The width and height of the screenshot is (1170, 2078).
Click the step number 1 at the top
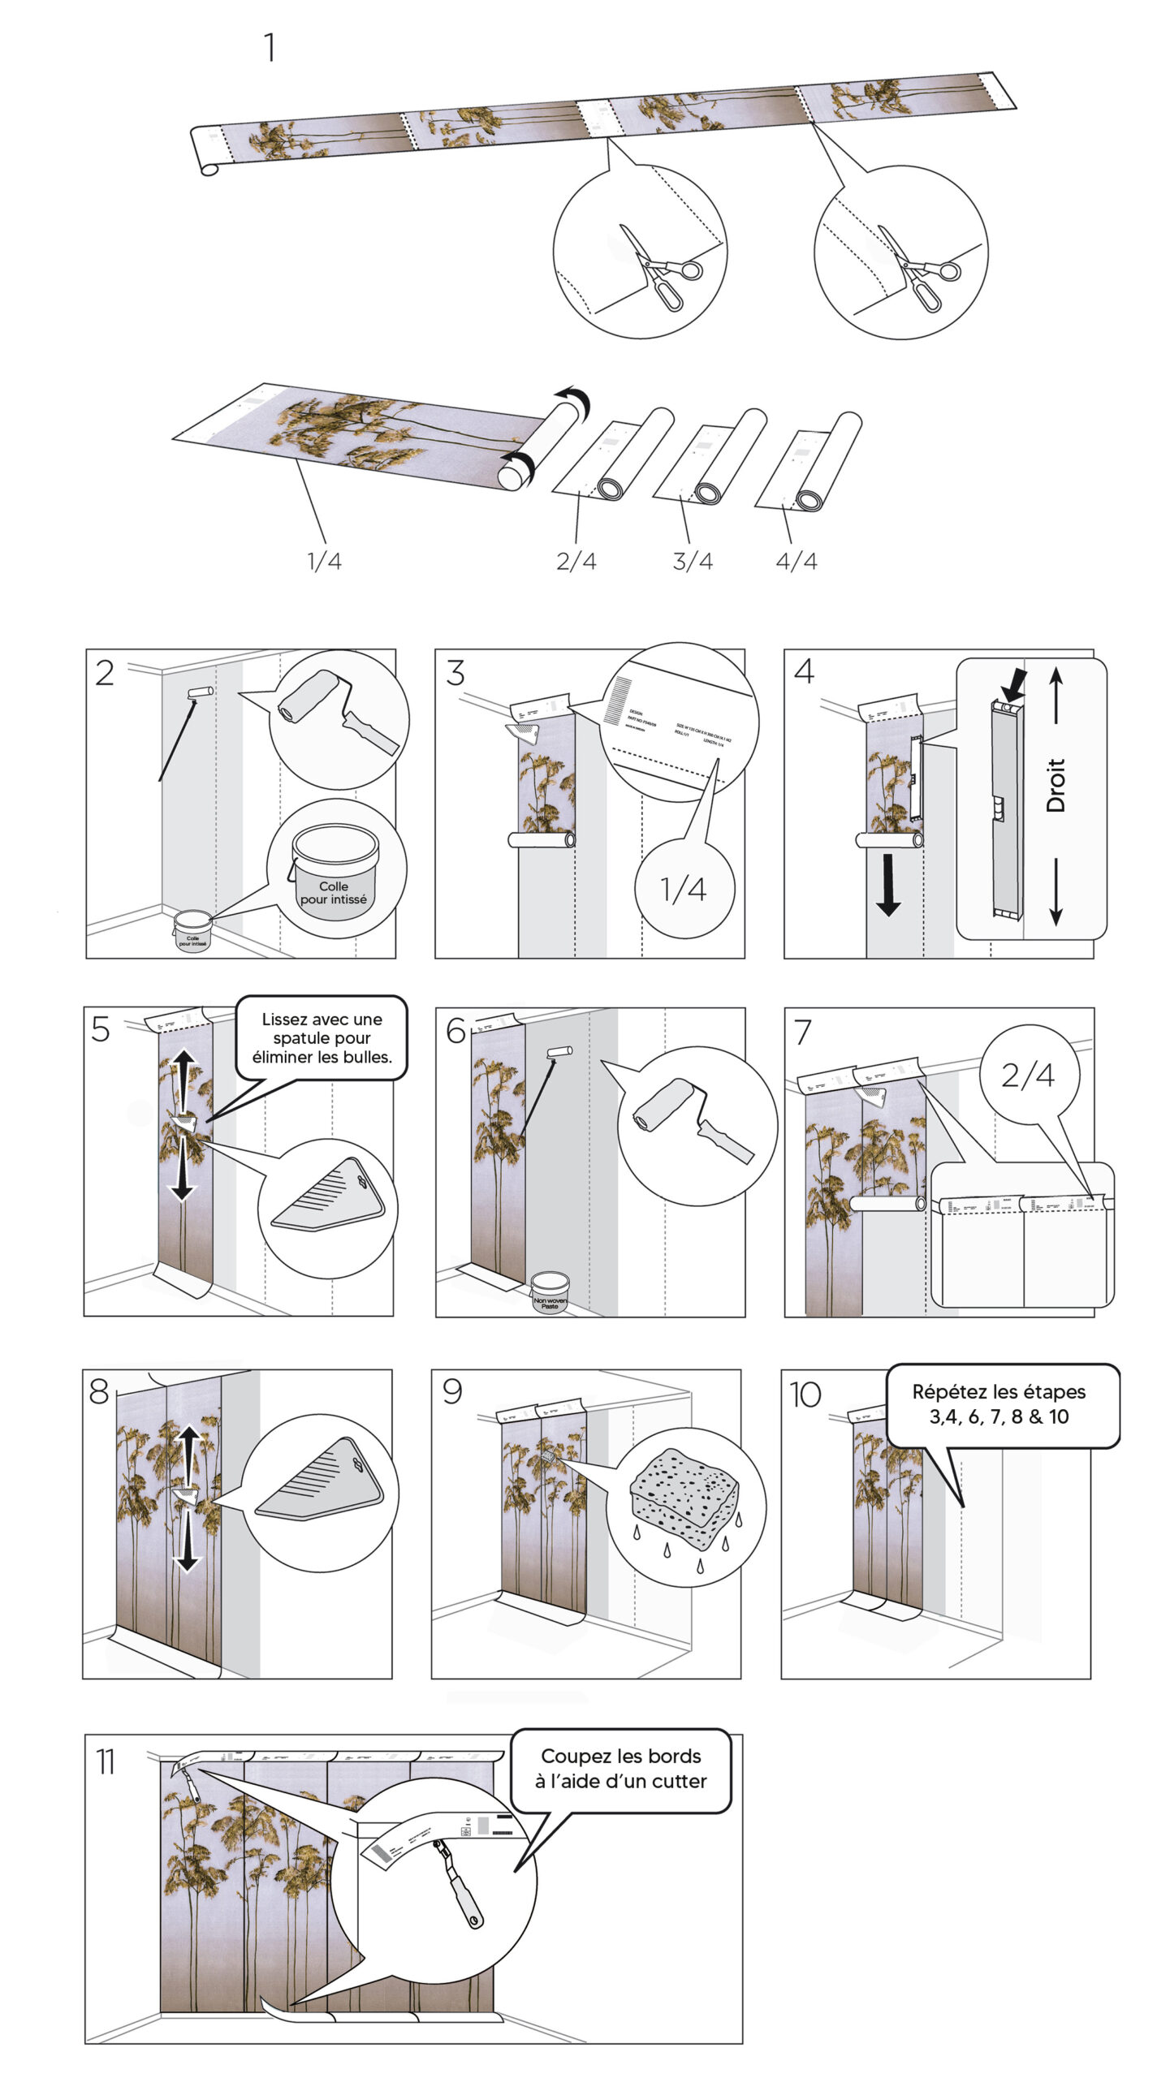click(270, 48)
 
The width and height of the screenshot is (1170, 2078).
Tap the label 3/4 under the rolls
click(693, 561)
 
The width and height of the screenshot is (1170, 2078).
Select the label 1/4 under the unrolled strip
click(324, 561)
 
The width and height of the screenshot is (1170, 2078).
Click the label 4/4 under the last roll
click(797, 561)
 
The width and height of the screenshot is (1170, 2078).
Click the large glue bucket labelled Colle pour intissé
click(335, 873)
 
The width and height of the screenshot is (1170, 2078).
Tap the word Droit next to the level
click(1055, 785)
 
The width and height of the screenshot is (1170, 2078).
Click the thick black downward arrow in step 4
click(888, 885)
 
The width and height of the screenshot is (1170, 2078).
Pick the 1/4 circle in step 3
click(684, 890)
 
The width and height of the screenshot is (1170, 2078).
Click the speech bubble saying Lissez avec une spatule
click(322, 1037)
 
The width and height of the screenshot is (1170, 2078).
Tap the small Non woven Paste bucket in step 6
click(550, 1293)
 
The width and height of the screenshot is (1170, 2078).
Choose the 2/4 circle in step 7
click(1028, 1076)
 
